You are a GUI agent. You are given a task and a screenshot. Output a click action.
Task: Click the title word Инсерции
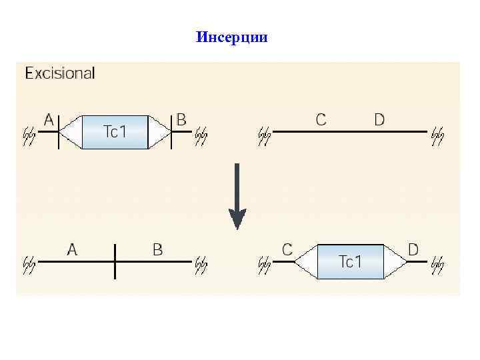point(232,37)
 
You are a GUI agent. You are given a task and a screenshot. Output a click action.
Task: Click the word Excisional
point(60,73)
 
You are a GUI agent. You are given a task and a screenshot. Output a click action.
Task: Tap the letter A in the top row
point(49,119)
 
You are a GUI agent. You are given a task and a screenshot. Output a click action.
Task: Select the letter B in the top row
point(181,119)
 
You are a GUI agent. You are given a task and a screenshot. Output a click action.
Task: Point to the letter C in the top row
point(321,119)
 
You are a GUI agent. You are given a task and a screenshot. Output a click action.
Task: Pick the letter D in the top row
point(379,119)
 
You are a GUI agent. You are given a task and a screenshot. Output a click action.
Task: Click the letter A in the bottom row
point(73,250)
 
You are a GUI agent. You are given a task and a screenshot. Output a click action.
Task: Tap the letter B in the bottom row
point(157,250)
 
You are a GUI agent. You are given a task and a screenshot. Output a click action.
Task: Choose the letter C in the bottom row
point(287,249)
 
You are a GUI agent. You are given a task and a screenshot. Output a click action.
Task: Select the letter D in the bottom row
point(413,249)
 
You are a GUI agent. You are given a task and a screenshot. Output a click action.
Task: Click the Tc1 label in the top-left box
point(115,132)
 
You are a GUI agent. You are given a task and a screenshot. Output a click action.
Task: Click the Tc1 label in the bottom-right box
point(350,261)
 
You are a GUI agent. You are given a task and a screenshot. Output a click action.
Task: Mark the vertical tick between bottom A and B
point(115,261)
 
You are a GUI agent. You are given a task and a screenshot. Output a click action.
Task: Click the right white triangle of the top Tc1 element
point(159,132)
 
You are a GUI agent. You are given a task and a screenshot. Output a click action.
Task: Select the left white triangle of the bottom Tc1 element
point(306,261)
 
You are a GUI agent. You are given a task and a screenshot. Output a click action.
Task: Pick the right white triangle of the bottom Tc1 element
point(395,261)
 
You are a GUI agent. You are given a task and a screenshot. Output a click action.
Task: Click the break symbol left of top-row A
point(29,135)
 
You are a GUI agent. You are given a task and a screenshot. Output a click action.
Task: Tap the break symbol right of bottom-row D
point(437,265)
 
